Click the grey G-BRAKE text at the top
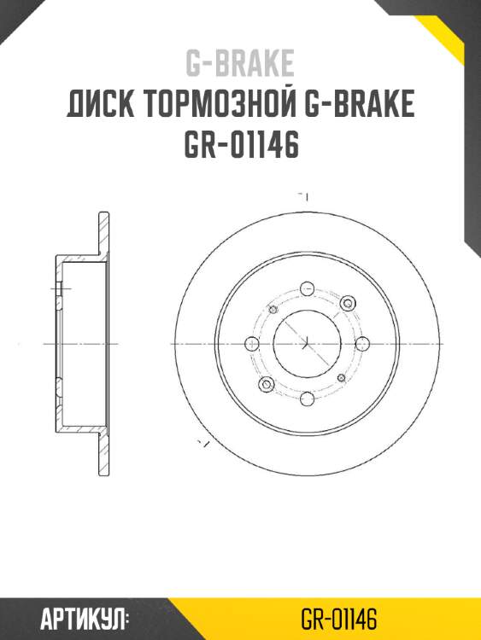pos(240,63)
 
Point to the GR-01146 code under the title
pos(240,146)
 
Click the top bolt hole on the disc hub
pos(306,289)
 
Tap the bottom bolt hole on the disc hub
pos(306,397)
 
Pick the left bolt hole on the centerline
pos(251,343)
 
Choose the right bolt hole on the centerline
pos(361,343)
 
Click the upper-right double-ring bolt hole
pos(347,303)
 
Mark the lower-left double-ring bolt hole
pos(266,384)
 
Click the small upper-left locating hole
pos(273,308)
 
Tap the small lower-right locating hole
pos(341,377)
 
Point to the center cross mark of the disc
pos(306,343)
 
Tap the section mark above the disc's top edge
pos(302,196)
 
